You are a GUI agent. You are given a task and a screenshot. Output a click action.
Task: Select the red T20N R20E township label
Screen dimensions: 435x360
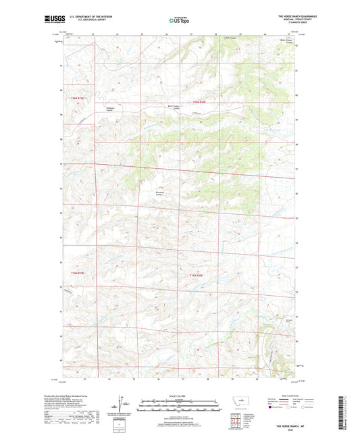tap(197, 102)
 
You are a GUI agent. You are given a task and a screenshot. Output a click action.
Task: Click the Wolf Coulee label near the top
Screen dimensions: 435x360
tap(231, 38)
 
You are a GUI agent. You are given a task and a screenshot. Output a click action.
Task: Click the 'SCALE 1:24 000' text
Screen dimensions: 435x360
tap(180, 396)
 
